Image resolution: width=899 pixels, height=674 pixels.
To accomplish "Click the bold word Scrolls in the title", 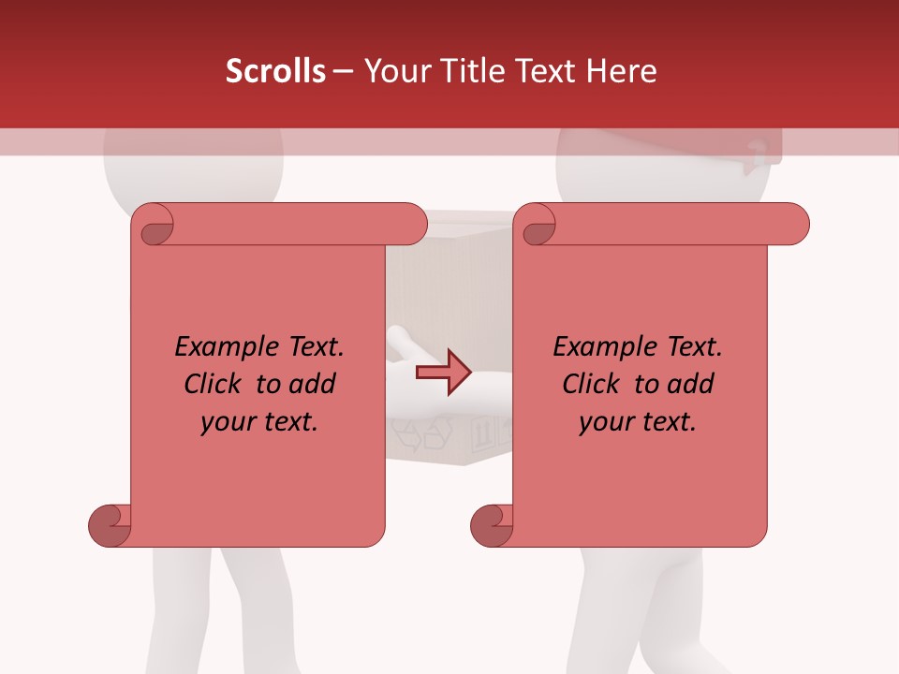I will (275, 71).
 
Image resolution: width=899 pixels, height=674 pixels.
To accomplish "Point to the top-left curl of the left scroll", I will (154, 226).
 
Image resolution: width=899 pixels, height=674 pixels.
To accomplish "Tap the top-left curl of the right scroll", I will (537, 226).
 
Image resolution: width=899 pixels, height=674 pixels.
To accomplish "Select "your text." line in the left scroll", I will (259, 422).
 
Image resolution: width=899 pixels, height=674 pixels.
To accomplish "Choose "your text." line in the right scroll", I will (638, 422).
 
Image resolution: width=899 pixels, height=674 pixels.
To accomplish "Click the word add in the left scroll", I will (312, 385).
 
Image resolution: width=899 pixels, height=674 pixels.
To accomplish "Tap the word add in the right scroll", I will (690, 385).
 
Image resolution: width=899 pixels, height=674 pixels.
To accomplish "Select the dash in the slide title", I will (343, 71).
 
